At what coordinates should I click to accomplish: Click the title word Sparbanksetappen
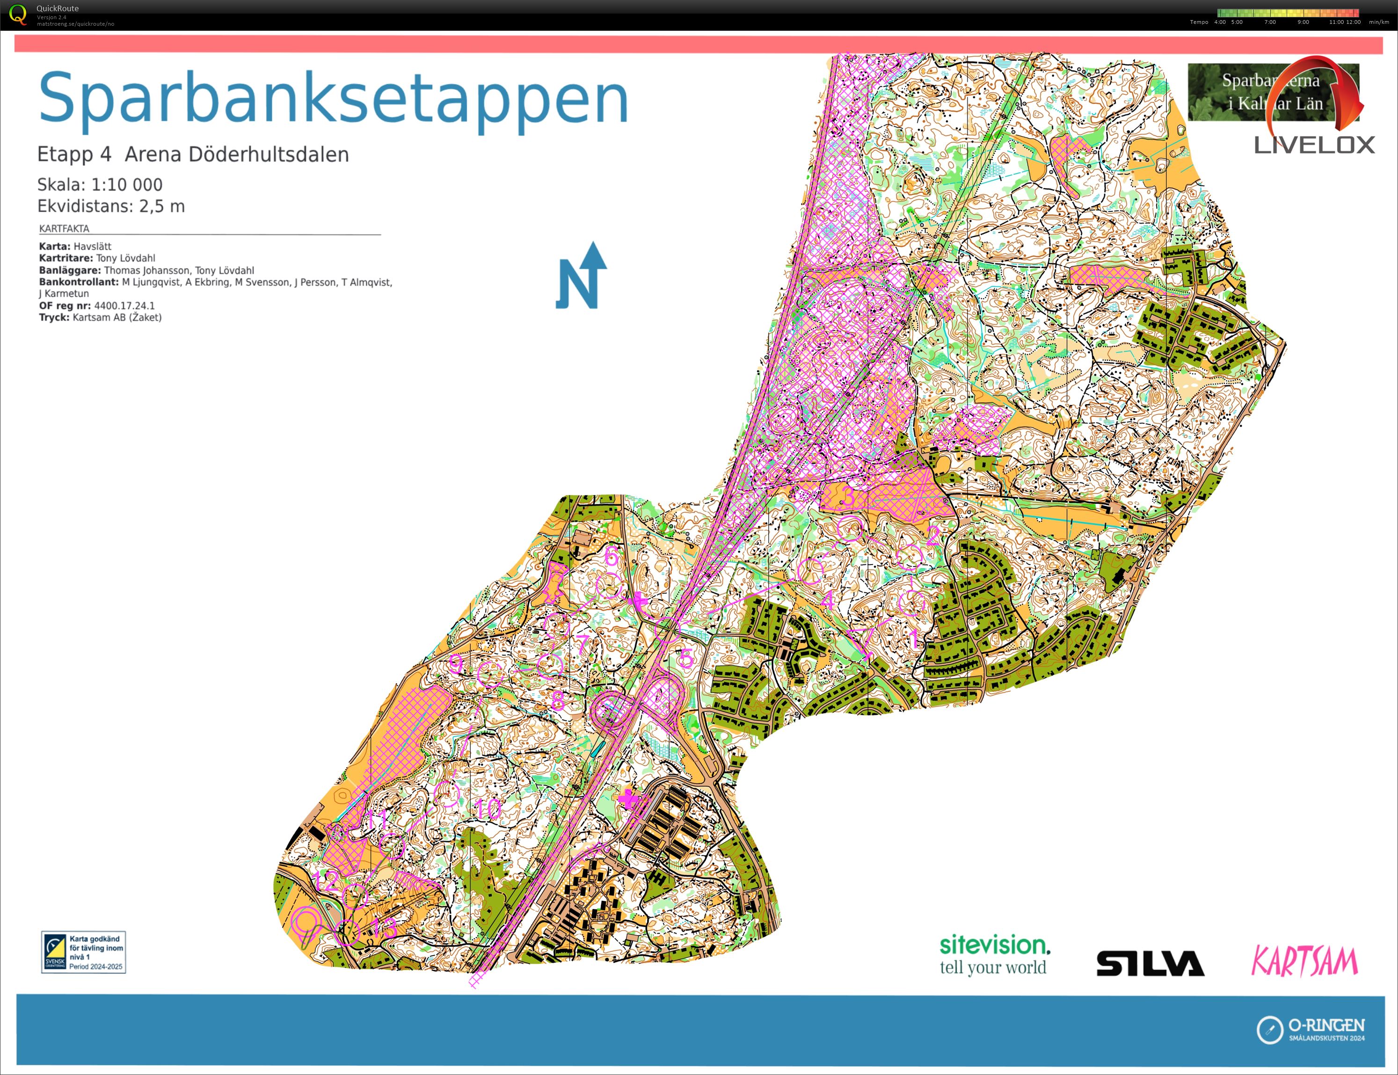(x=333, y=99)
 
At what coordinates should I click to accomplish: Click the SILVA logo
(x=1150, y=963)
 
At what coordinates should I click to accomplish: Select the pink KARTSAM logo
(x=1303, y=961)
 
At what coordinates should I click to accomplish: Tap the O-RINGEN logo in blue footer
(x=1311, y=1030)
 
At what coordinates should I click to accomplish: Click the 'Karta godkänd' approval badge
(x=83, y=952)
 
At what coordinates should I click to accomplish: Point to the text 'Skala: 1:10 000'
(x=100, y=185)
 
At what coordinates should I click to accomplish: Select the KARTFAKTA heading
(x=64, y=228)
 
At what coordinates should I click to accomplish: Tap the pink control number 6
(x=612, y=556)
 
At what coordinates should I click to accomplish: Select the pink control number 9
(x=456, y=663)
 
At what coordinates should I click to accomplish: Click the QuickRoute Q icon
(x=18, y=15)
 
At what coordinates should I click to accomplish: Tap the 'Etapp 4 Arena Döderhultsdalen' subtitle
(x=193, y=155)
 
